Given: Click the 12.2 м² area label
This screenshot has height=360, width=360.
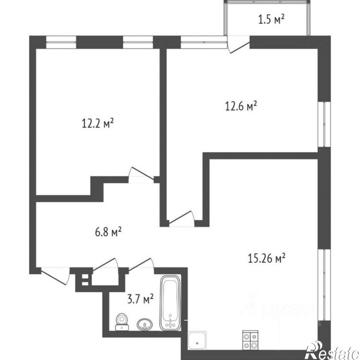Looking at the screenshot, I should [x=98, y=123].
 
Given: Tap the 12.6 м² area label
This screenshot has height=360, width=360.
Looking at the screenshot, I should [x=240, y=106].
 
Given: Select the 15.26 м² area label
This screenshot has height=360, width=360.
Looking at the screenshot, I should [x=266, y=258].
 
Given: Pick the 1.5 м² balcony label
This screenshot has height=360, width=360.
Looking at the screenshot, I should [x=271, y=20].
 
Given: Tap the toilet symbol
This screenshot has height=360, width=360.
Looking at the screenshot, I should [x=121, y=321].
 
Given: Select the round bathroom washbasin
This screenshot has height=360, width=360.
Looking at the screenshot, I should [x=144, y=324].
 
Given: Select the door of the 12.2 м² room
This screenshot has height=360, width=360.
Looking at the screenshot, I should [x=140, y=175].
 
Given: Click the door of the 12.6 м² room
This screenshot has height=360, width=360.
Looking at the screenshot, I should [x=182, y=218].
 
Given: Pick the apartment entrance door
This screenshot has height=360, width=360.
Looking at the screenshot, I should [x=55, y=275].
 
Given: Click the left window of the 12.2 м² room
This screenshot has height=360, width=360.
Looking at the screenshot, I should [x=61, y=42].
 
